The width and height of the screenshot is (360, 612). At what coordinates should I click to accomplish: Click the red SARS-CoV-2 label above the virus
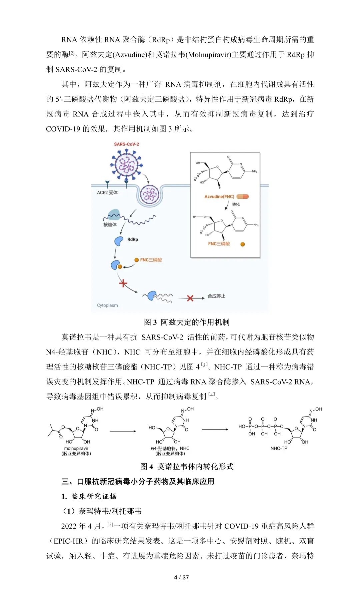click(x=126, y=144)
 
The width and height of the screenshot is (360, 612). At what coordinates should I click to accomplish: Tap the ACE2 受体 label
click(x=107, y=192)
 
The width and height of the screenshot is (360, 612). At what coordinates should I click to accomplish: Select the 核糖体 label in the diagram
click(x=110, y=224)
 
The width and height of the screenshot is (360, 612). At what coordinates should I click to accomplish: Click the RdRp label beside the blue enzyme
click(x=133, y=239)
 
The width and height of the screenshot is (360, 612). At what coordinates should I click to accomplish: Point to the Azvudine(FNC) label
click(x=219, y=196)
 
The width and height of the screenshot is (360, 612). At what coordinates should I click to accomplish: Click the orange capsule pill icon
click(x=243, y=196)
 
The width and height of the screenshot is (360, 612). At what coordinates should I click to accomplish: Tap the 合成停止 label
click(x=216, y=296)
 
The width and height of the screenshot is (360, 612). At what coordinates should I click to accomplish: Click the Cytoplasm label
click(x=107, y=305)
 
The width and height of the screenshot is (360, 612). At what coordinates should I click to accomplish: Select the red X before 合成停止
click(x=190, y=298)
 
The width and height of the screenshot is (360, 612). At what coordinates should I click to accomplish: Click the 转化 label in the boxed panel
click(x=236, y=204)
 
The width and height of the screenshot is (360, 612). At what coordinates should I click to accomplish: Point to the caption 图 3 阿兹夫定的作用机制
click(x=187, y=322)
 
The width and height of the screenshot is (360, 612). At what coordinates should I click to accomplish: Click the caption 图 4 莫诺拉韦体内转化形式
click(x=187, y=467)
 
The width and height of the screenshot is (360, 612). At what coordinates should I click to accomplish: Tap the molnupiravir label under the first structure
click(x=76, y=449)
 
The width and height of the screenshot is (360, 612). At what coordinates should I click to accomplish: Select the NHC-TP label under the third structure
click(x=279, y=448)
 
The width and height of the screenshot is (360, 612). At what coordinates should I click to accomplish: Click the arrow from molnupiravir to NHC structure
click(x=123, y=431)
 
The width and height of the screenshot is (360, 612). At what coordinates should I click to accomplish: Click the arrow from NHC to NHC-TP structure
click(x=215, y=430)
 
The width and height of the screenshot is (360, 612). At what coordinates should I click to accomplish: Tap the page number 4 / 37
click(x=182, y=577)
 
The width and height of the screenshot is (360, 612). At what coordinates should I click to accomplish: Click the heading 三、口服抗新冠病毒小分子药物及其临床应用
click(x=138, y=481)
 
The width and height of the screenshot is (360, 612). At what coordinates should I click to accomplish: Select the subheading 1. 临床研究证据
click(x=89, y=496)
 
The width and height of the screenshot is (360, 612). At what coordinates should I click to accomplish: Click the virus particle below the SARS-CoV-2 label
click(x=126, y=164)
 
